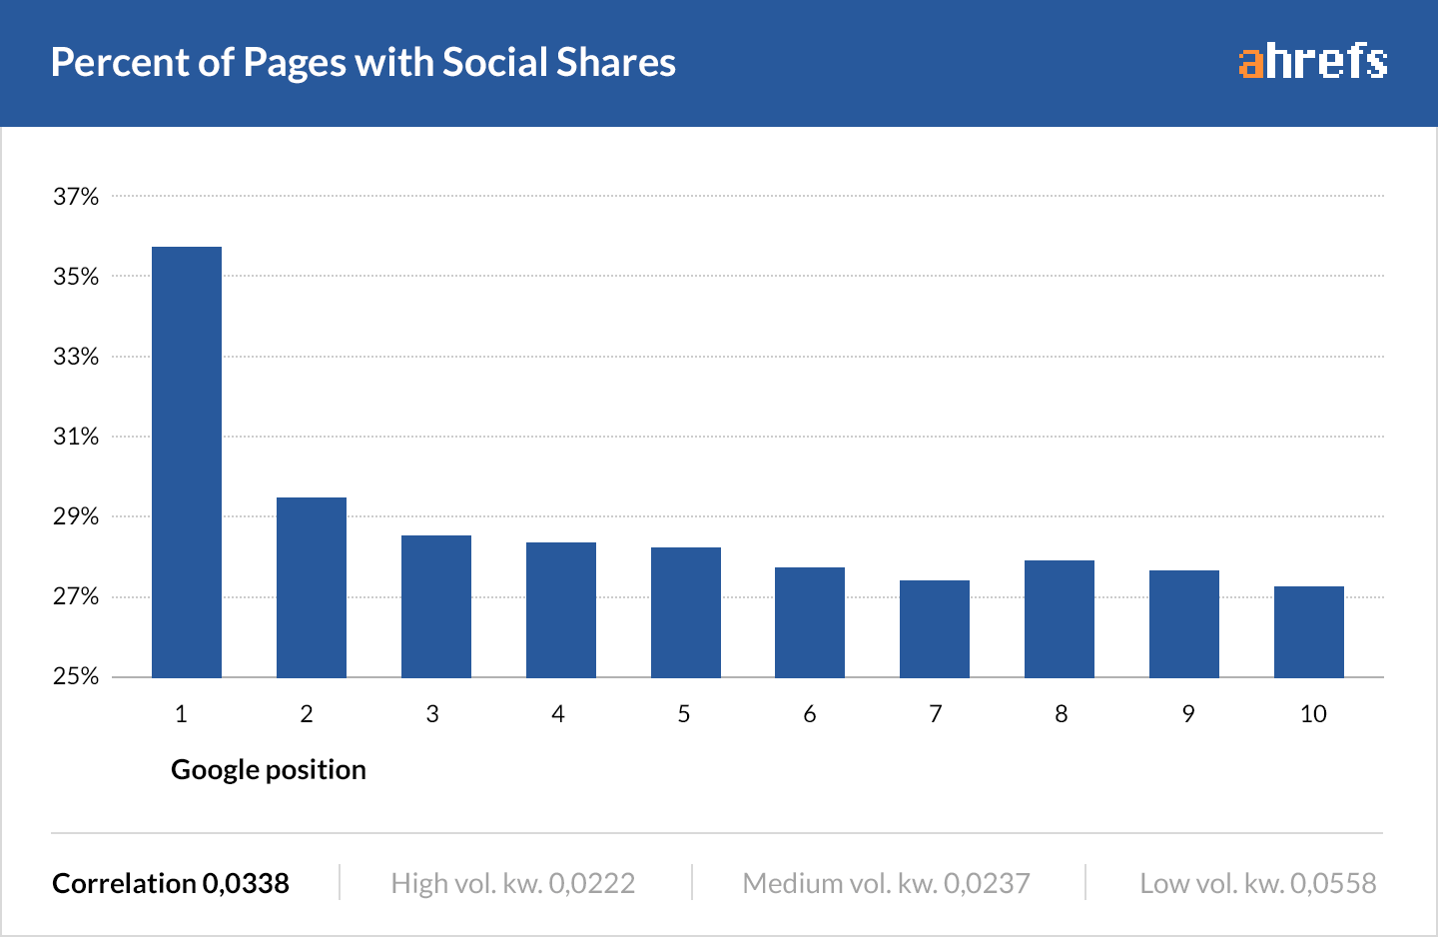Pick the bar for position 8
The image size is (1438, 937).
click(x=1060, y=619)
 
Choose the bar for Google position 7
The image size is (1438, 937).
click(x=935, y=629)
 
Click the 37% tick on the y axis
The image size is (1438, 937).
click(x=76, y=197)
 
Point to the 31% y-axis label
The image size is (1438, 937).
click(x=76, y=437)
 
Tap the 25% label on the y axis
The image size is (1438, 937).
click(x=76, y=676)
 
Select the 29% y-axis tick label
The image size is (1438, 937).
click(x=76, y=516)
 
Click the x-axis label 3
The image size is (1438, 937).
click(x=432, y=714)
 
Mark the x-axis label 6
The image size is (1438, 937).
click(x=810, y=714)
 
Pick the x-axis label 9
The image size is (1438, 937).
click(x=1187, y=714)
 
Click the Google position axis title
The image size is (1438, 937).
click(x=269, y=770)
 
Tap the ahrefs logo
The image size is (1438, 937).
click(x=1313, y=62)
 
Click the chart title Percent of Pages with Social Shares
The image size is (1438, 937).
click(x=363, y=62)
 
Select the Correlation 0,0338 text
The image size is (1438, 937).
click(x=171, y=884)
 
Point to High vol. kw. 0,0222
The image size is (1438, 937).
click(x=513, y=884)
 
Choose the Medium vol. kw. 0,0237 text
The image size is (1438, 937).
click(x=887, y=884)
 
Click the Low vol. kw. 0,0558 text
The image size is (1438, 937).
click(x=1258, y=884)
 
